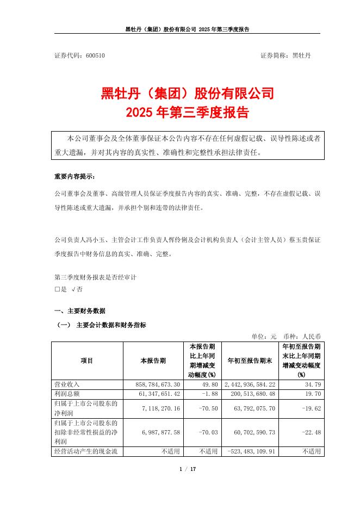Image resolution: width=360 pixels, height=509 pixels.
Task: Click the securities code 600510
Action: pyautogui.click(x=95, y=55)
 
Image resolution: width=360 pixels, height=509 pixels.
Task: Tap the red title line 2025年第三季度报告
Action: pyautogui.click(x=187, y=113)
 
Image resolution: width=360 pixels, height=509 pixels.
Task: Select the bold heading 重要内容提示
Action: pyautogui.click(x=74, y=177)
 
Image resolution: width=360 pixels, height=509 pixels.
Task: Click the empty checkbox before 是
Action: pyautogui.click(x=57, y=289)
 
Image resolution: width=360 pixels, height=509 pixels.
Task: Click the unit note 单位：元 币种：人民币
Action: pyautogui.click(x=286, y=336)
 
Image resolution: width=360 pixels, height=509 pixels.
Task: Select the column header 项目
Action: pyautogui.click(x=87, y=361)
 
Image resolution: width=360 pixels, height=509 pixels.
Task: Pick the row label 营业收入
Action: pyautogui.click(x=67, y=384)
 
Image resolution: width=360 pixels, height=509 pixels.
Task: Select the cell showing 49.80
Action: pyautogui.click(x=209, y=384)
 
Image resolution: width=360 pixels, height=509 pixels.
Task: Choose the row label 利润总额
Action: pyautogui.click(x=67, y=394)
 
